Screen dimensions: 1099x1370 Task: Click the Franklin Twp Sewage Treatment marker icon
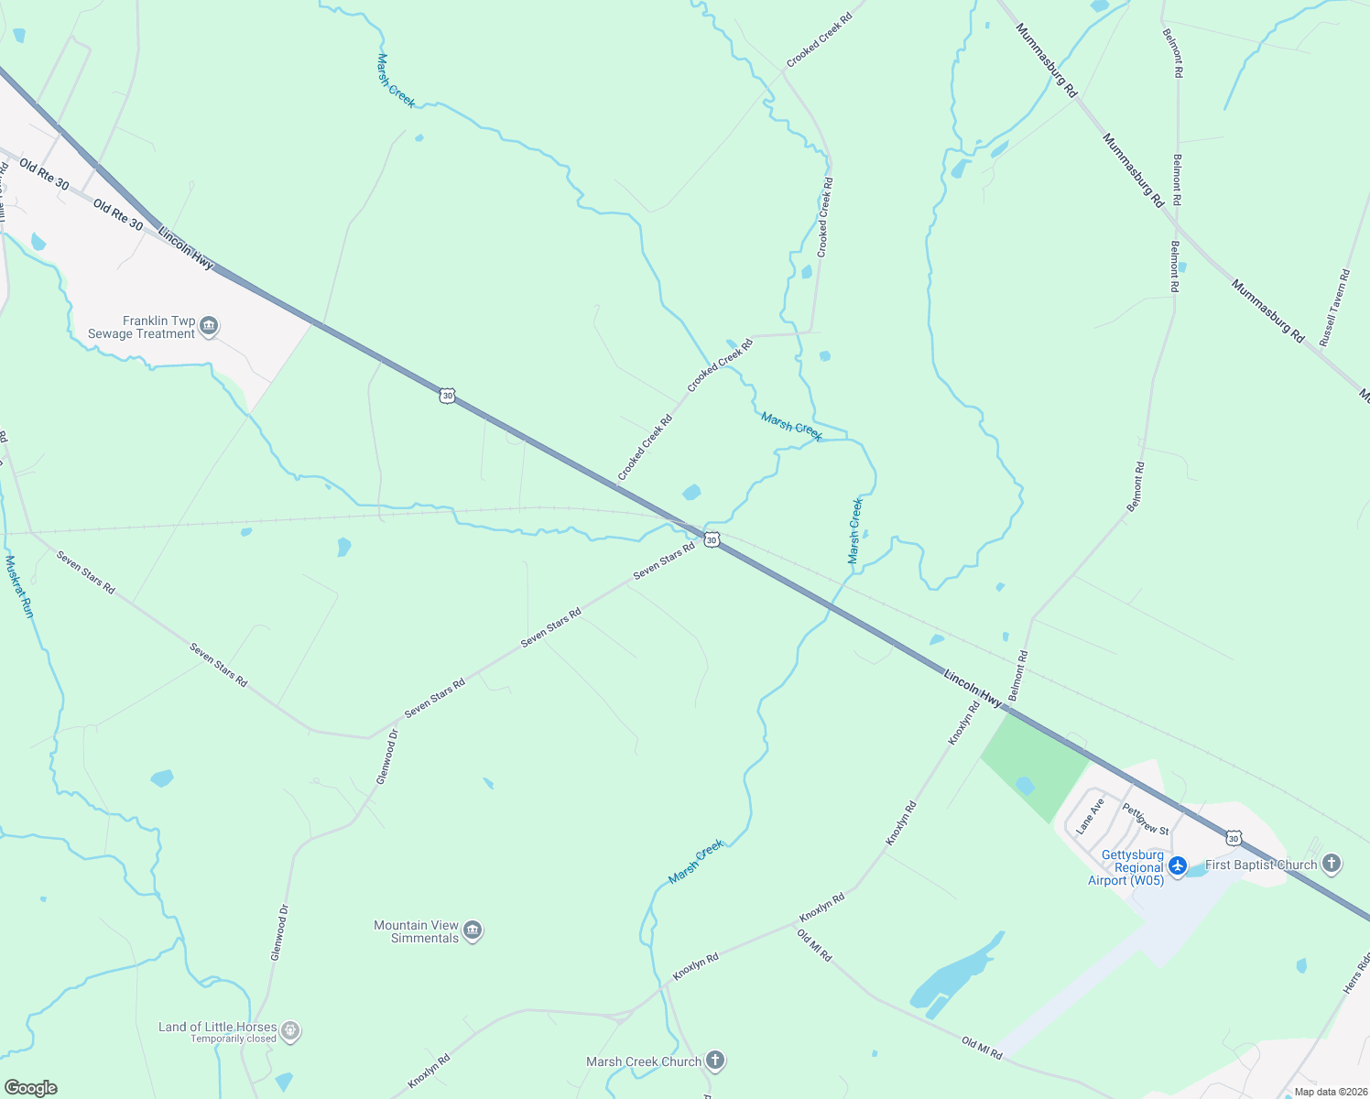(x=209, y=326)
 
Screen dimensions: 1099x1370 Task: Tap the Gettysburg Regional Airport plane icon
(x=1178, y=865)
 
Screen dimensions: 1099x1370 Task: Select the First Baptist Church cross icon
(x=1332, y=864)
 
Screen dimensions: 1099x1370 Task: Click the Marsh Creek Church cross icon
(x=715, y=1061)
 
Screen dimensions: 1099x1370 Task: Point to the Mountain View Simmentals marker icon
(x=473, y=930)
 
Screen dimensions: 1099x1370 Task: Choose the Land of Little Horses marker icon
(x=290, y=1031)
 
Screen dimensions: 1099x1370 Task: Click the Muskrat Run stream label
(x=19, y=586)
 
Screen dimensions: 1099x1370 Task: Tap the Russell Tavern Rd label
(x=1334, y=307)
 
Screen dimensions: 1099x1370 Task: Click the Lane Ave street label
(x=1090, y=815)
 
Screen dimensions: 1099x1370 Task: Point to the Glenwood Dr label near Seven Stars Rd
(x=388, y=756)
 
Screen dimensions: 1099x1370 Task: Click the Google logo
(x=30, y=1088)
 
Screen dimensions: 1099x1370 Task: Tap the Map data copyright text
(x=1328, y=1092)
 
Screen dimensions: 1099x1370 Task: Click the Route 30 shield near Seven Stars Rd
(x=712, y=539)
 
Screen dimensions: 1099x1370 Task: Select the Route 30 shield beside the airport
(x=1234, y=838)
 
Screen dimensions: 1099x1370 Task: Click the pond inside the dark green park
(x=1025, y=785)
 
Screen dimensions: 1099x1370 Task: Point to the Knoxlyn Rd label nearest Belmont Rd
(x=963, y=724)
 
